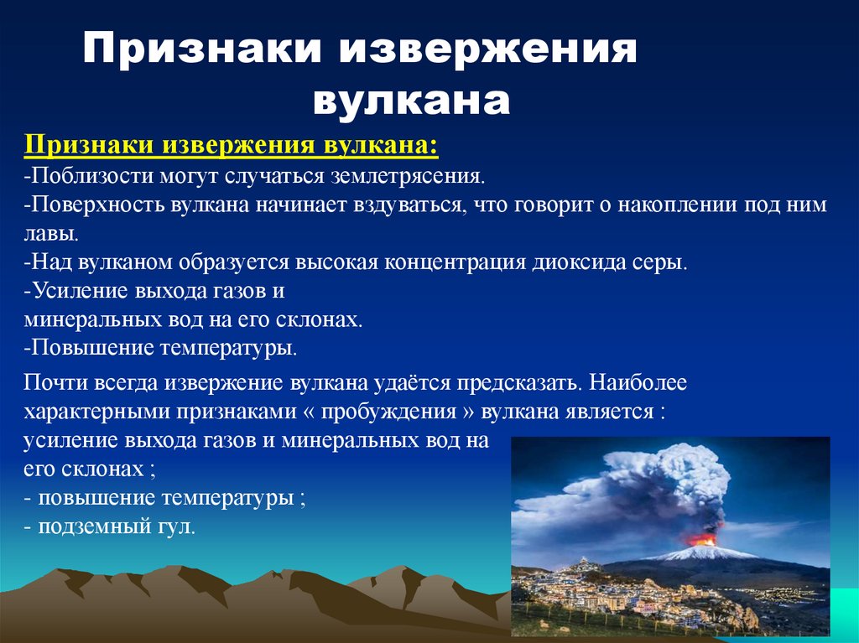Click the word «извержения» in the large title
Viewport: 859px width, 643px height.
[487, 51]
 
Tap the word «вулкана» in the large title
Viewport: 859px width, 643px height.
[411, 100]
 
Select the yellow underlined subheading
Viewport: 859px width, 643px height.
[231, 145]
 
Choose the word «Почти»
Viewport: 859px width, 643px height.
[49, 383]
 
